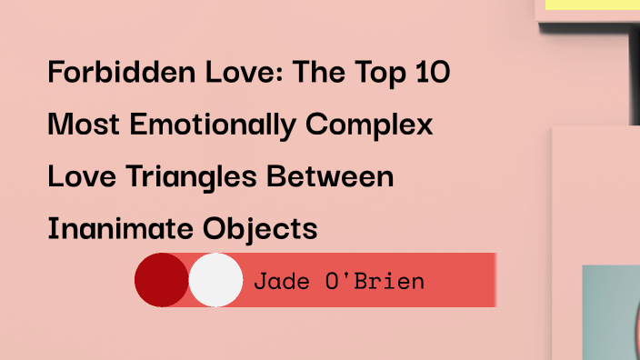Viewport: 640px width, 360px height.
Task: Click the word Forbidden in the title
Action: pos(100,72)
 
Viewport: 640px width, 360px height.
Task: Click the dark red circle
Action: pos(162,280)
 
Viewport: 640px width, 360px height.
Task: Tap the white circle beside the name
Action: pos(216,280)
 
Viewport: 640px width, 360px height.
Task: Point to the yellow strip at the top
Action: pos(591,5)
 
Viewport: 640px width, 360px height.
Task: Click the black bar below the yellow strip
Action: pos(634,64)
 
